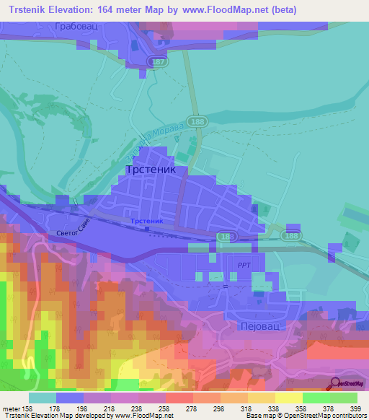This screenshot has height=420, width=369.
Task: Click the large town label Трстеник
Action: [x=156, y=170]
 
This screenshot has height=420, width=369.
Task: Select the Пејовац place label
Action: [x=263, y=325]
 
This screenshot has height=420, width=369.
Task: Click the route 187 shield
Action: [x=161, y=64]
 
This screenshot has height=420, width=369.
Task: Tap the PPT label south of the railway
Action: [x=244, y=265]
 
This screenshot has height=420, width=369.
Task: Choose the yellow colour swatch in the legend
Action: [x=288, y=397]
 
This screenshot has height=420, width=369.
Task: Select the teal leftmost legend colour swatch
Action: [x=43, y=397]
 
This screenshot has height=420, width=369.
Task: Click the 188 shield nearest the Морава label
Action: [x=196, y=123]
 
